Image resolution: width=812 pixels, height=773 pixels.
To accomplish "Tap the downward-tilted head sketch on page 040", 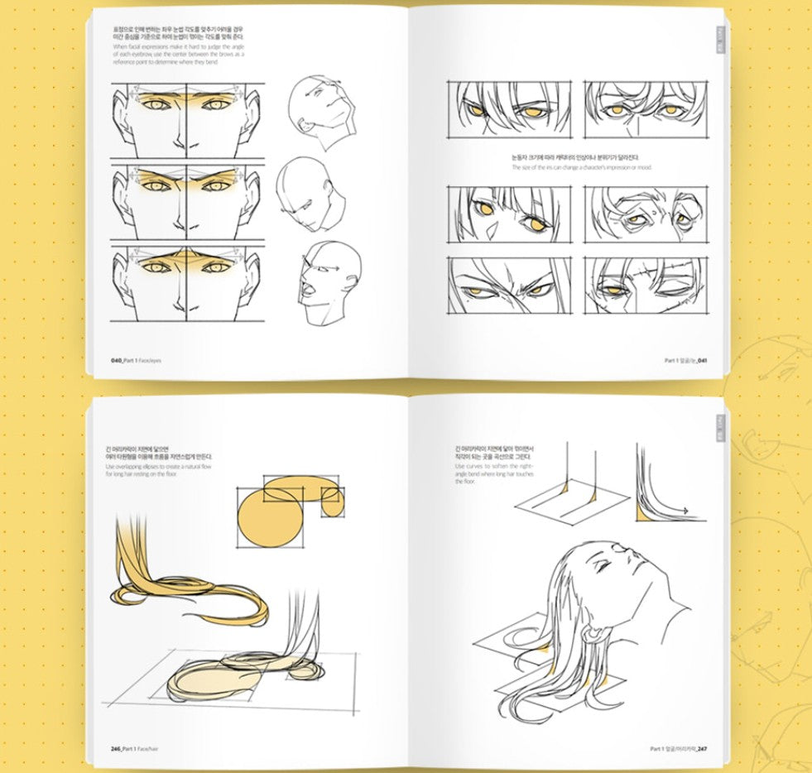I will point(306,194).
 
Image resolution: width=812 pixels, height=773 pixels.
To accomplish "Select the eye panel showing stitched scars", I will point(646,286).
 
